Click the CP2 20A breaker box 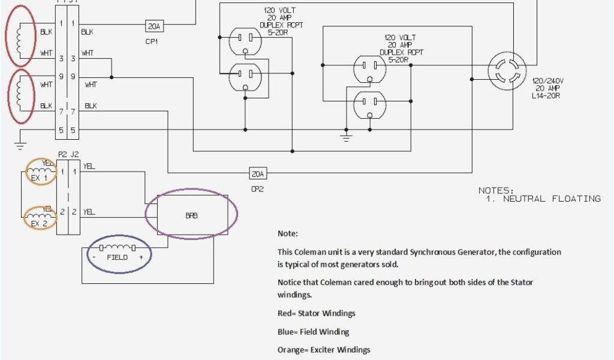(x=258, y=173)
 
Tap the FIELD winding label (x=117, y=257)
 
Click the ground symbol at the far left (x=20, y=145)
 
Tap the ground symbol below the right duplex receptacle (x=346, y=136)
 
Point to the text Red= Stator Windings (x=316, y=313)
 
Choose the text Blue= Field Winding (x=313, y=332)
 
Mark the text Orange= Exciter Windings (x=323, y=350)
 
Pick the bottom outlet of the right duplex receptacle (x=369, y=106)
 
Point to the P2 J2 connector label (x=68, y=154)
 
